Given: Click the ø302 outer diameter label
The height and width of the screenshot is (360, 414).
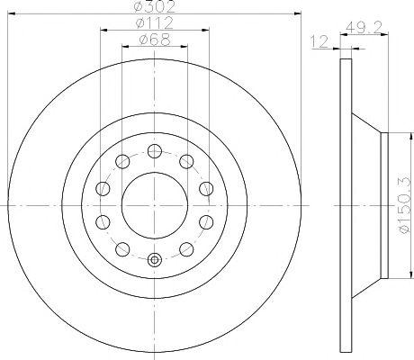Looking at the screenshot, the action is pyautogui.click(x=154, y=6).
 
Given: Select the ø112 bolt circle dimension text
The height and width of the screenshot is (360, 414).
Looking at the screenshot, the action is pyautogui.click(x=154, y=22).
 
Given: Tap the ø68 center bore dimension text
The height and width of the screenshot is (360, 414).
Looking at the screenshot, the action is pyautogui.click(x=155, y=40).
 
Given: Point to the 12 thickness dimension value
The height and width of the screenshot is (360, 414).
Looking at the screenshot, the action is pyautogui.click(x=320, y=41).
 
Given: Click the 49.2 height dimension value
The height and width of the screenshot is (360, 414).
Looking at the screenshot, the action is pyautogui.click(x=364, y=28).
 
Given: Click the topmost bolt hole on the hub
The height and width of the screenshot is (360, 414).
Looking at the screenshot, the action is pyautogui.click(x=155, y=151).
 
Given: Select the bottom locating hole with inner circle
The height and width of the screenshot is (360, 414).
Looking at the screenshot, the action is pyautogui.click(x=155, y=259).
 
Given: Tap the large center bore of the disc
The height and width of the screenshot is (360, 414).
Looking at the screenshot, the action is pyautogui.click(x=155, y=205).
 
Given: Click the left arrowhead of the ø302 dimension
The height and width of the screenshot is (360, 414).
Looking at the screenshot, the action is pyautogui.click(x=11, y=13).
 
